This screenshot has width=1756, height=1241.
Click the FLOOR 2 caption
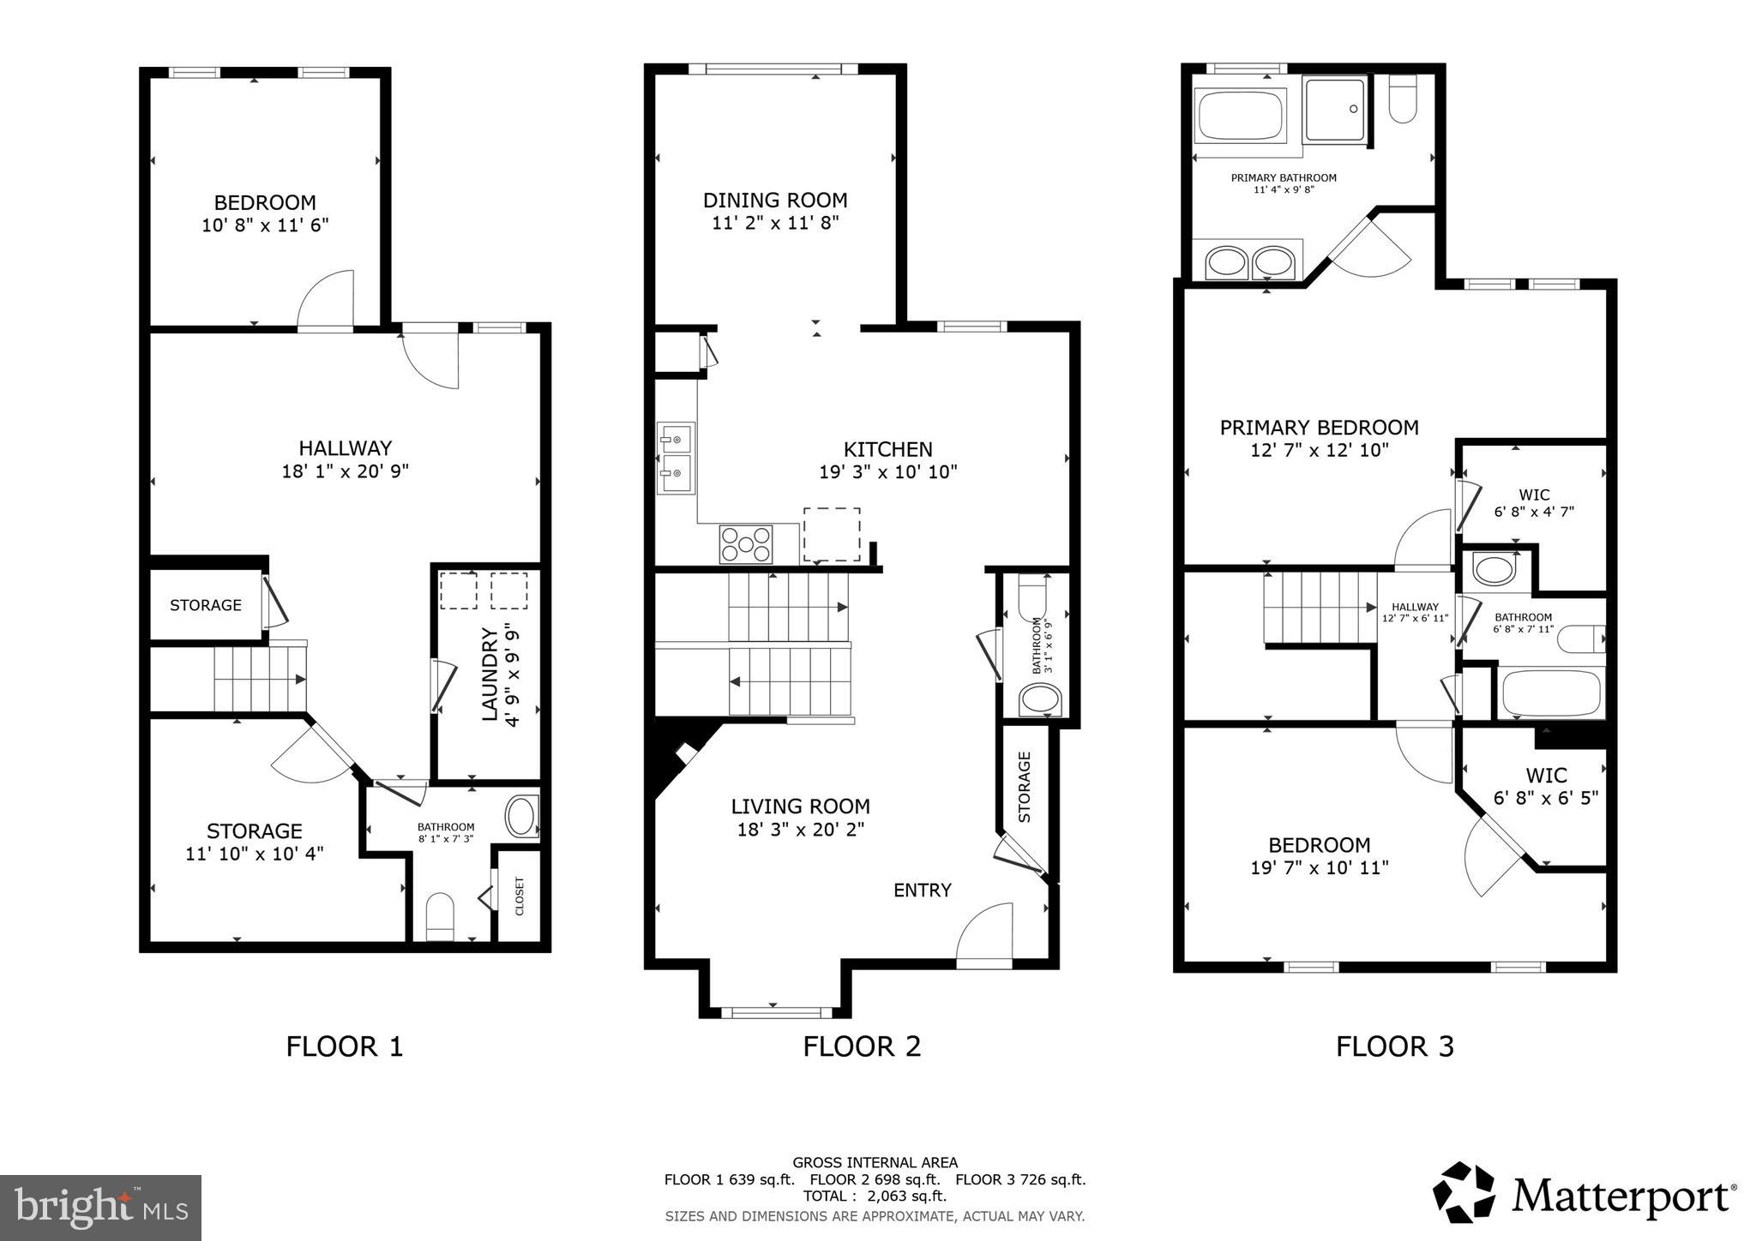pyautogui.click(x=861, y=1046)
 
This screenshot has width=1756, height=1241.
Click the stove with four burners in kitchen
pyautogui.click(x=745, y=544)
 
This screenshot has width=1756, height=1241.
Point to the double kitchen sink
pyautogui.click(x=676, y=458)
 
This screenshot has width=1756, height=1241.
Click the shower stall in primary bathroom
pyautogui.click(x=1334, y=110)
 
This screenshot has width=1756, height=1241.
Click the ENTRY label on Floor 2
pyautogui.click(x=922, y=890)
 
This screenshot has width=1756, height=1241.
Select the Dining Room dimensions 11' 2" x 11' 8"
pyautogui.click(x=774, y=224)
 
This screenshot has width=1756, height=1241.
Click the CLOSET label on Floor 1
pyautogui.click(x=520, y=896)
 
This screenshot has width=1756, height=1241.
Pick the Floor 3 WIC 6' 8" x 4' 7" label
pyautogui.click(x=1534, y=503)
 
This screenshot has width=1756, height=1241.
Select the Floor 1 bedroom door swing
pyautogui.click(x=327, y=300)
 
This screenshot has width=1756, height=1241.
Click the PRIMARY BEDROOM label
pyautogui.click(x=1319, y=428)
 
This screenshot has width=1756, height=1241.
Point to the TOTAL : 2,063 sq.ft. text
pyautogui.click(x=875, y=1196)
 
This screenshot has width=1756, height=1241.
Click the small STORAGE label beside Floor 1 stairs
pyautogui.click(x=206, y=605)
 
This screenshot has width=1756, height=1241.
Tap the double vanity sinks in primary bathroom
pyautogui.click(x=1249, y=262)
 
